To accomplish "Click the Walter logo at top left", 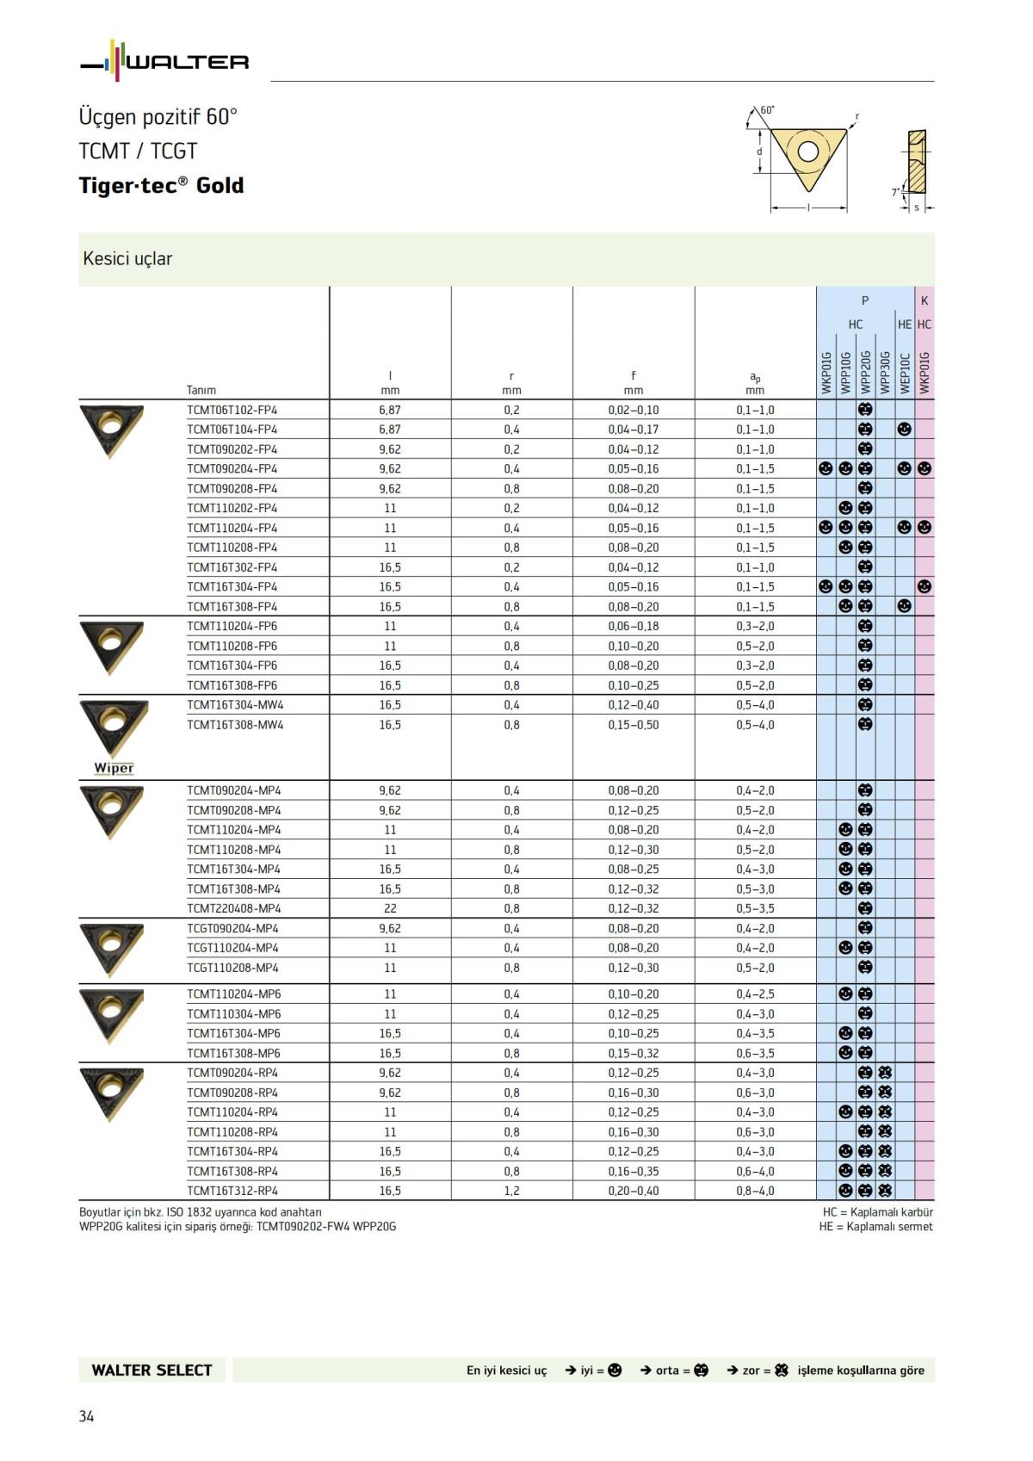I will (x=164, y=61).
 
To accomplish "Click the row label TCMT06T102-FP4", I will (x=232, y=410).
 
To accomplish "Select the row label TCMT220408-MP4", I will (x=233, y=908).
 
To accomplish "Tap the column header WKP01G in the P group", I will (x=826, y=372).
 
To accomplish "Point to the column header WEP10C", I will (x=905, y=372).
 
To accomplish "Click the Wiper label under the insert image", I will (x=114, y=768).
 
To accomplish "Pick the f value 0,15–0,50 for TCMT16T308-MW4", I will (x=633, y=725).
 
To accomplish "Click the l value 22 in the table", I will (x=390, y=908).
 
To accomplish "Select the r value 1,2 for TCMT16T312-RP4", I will (x=511, y=1191).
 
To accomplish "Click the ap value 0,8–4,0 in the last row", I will (x=755, y=1191).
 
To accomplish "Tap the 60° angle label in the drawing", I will (x=767, y=110).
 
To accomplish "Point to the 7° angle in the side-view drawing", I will (x=895, y=192).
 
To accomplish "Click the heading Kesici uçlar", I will (x=127, y=258).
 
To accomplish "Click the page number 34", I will (x=86, y=1416).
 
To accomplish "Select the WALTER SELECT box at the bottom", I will (x=152, y=1370).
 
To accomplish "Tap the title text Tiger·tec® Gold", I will (x=161, y=185).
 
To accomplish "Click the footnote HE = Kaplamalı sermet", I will (x=875, y=1226).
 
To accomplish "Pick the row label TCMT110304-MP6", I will (x=233, y=1013).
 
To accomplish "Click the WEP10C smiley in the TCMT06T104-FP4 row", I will (x=905, y=429).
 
